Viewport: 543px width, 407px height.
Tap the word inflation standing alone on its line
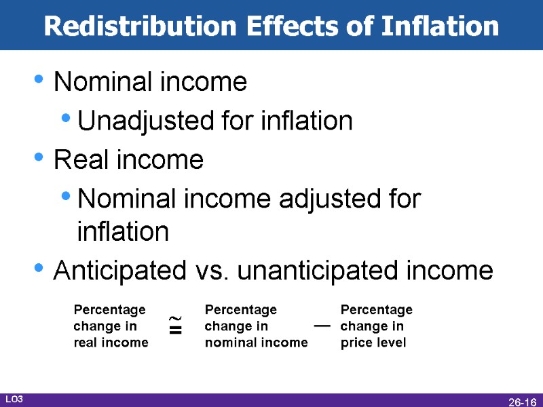point(123,231)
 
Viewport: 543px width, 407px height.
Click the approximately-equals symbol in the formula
point(176,326)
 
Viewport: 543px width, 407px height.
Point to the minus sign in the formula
point(322,326)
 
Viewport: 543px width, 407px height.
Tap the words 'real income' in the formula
point(111,343)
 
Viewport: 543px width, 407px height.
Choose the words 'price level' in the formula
point(373,343)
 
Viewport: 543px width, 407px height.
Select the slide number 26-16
point(523,402)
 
